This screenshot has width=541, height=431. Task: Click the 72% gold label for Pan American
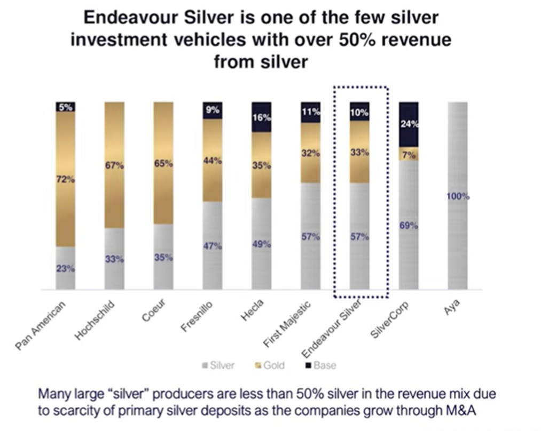[x=66, y=180]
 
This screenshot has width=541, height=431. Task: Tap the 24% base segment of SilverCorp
[x=409, y=125]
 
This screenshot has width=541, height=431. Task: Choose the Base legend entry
[x=320, y=365]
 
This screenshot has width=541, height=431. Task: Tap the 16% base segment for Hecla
[x=261, y=117]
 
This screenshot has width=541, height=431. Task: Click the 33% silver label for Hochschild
[x=114, y=259]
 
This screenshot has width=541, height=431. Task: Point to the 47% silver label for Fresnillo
[x=213, y=246]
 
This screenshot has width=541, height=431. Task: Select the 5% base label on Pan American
[x=66, y=107]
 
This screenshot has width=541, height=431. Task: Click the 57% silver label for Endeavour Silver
[x=359, y=237]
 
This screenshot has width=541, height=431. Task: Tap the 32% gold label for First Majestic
[x=310, y=153]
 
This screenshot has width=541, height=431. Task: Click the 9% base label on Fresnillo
[x=213, y=111]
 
